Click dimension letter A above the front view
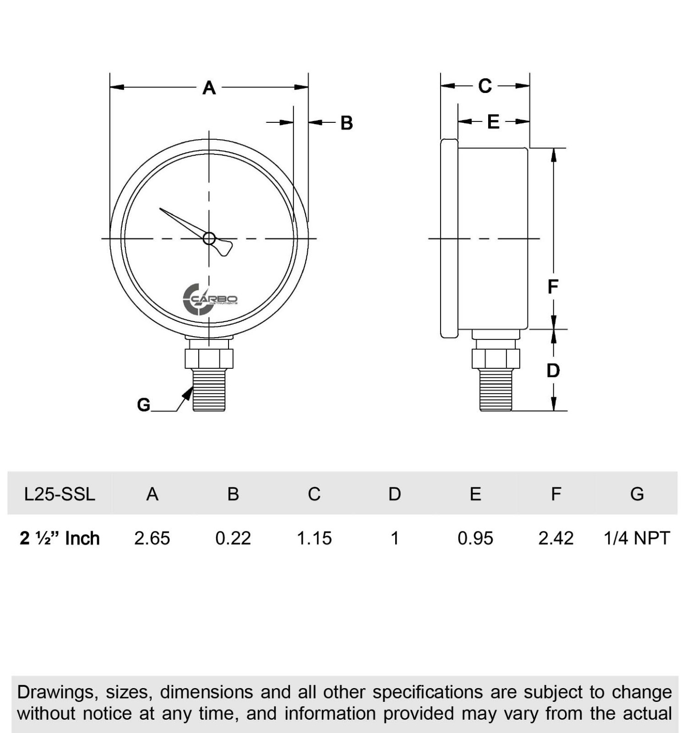coord(209,88)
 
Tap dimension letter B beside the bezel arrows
coord(347,123)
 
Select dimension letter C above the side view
coord(485,86)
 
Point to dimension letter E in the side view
coord(493,122)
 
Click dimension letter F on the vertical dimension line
coord(553,287)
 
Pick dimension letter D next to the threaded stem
coord(553,371)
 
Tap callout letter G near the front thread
coord(143,405)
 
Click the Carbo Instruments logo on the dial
coord(210,299)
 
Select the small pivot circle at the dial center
coord(209,238)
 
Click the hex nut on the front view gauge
coord(209,359)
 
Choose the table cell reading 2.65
coord(152,538)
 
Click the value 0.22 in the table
coord(233,538)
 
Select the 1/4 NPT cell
coord(637,538)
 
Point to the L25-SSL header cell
coord(60,494)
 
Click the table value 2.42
coord(556,538)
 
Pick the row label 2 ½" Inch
coord(60,538)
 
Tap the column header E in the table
coord(475,494)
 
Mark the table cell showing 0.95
coord(475,538)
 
